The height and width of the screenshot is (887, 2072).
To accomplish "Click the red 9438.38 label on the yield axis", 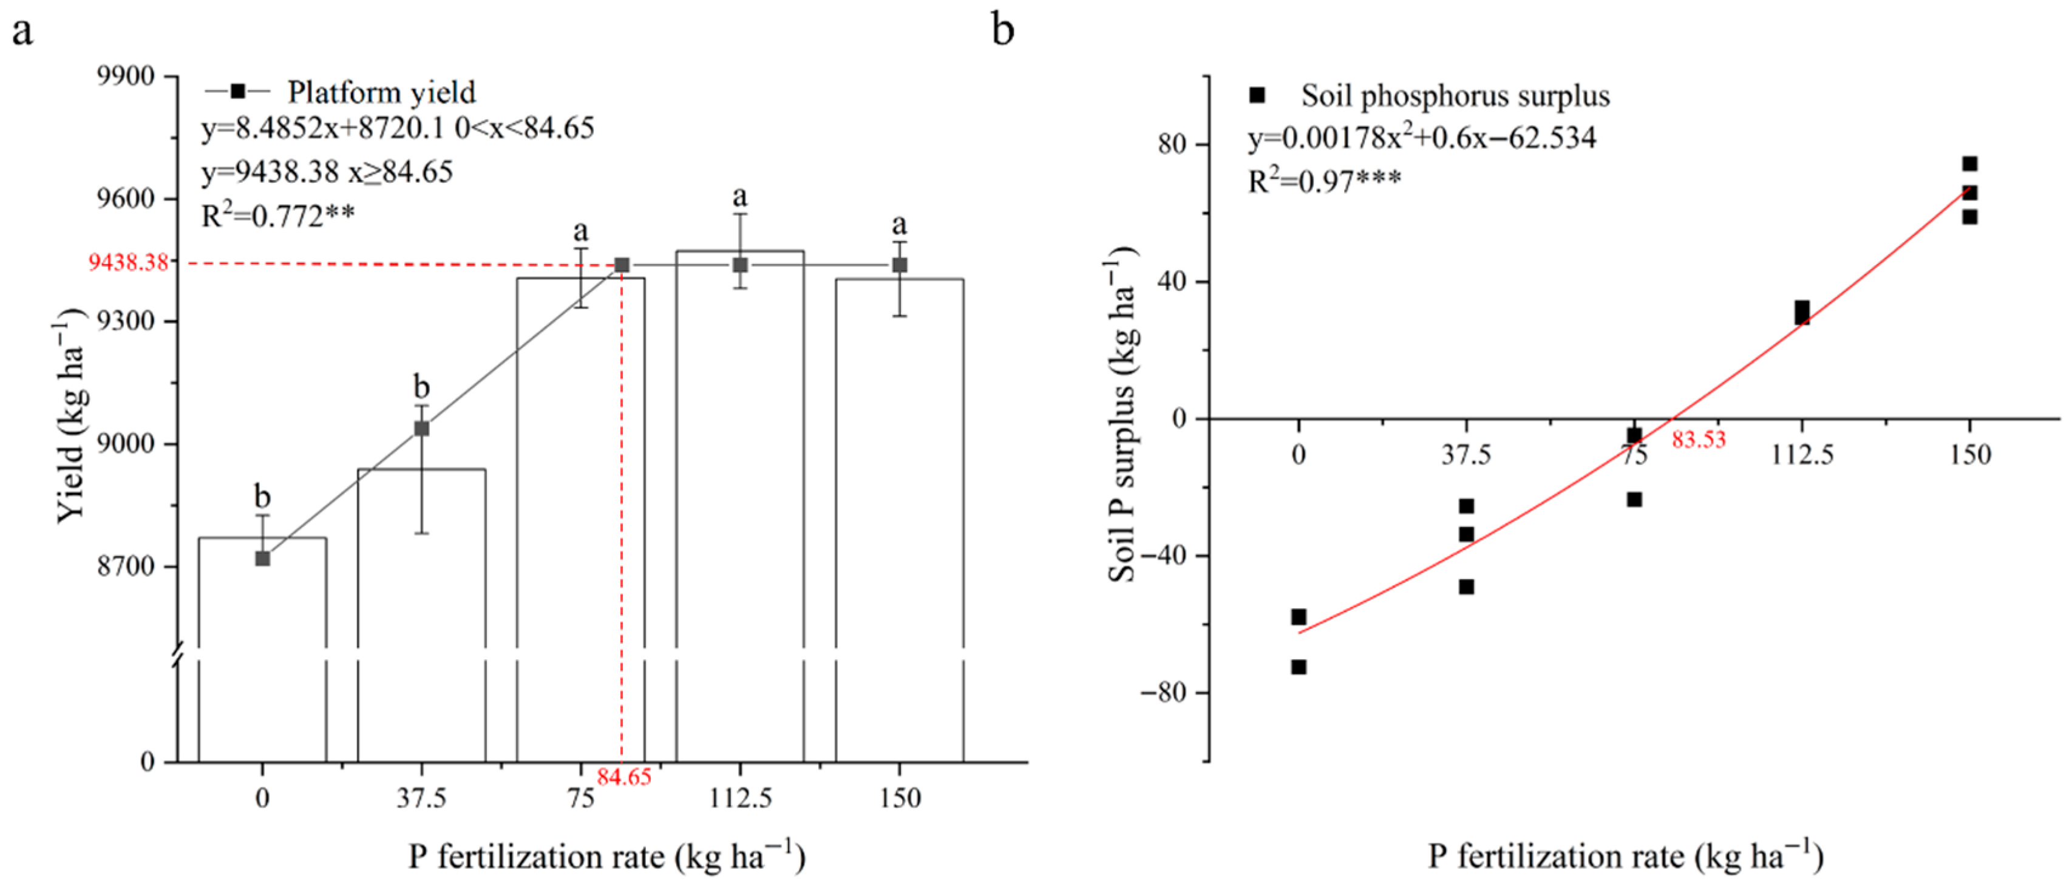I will (x=129, y=262).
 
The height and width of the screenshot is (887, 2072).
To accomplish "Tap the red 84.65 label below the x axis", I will (x=623, y=777).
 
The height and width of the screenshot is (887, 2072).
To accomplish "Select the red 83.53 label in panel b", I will (x=1699, y=439).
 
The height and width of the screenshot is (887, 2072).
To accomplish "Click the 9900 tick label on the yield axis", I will (x=126, y=76).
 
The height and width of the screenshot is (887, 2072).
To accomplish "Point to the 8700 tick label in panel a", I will (x=126, y=566).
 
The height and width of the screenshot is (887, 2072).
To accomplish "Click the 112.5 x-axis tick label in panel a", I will (x=740, y=798).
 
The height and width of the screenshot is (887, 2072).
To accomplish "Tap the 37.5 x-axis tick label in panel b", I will (x=1466, y=455).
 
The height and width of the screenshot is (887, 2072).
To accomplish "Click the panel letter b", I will (x=1002, y=30).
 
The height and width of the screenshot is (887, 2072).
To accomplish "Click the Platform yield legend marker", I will (x=237, y=91).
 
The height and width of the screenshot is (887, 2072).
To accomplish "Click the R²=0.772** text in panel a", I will (x=277, y=216).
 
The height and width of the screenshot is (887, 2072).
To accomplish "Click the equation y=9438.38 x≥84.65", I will (x=327, y=172).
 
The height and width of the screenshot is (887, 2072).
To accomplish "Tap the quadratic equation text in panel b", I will (x=1421, y=138).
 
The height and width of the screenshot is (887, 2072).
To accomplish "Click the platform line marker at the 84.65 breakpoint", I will (x=622, y=265).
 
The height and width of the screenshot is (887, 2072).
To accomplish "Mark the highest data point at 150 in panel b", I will (x=1969, y=164).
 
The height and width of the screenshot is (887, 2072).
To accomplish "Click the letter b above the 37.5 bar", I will (x=421, y=387).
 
